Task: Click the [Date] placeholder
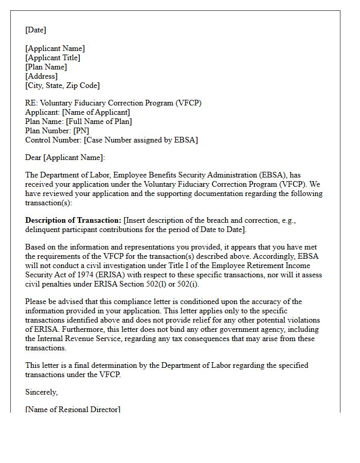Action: tap(35, 30)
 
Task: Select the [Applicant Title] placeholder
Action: tap(53, 58)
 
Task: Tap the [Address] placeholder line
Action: tap(42, 76)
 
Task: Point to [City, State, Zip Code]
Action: tap(63, 85)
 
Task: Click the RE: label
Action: tap(31, 103)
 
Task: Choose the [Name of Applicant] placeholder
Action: tap(95, 112)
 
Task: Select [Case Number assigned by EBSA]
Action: tap(141, 140)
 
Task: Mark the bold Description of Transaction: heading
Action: tap(73, 220)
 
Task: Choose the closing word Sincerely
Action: tap(42, 392)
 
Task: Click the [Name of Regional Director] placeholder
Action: tap(73, 409)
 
